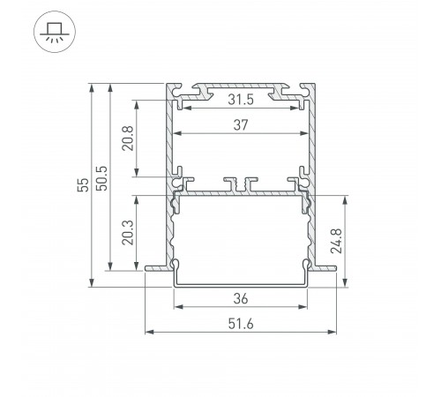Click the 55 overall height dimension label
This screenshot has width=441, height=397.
click(81, 184)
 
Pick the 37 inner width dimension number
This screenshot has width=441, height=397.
click(239, 126)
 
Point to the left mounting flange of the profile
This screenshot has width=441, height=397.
click(155, 266)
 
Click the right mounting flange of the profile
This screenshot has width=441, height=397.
click(324, 266)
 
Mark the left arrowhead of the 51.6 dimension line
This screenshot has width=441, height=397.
click(148, 333)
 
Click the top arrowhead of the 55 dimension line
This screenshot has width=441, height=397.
click(91, 86)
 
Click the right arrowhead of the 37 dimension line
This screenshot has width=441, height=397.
click(306, 134)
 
